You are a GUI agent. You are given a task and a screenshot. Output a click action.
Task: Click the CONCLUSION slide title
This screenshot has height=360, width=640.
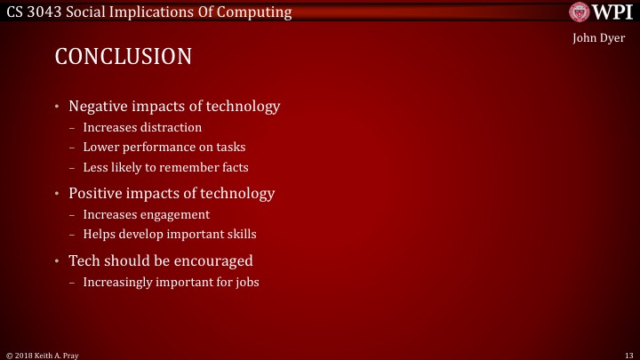click(x=124, y=57)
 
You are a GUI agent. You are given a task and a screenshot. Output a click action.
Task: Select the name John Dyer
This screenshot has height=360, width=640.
click(x=600, y=40)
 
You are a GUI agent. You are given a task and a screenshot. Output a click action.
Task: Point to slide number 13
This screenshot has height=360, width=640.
click(x=628, y=353)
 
